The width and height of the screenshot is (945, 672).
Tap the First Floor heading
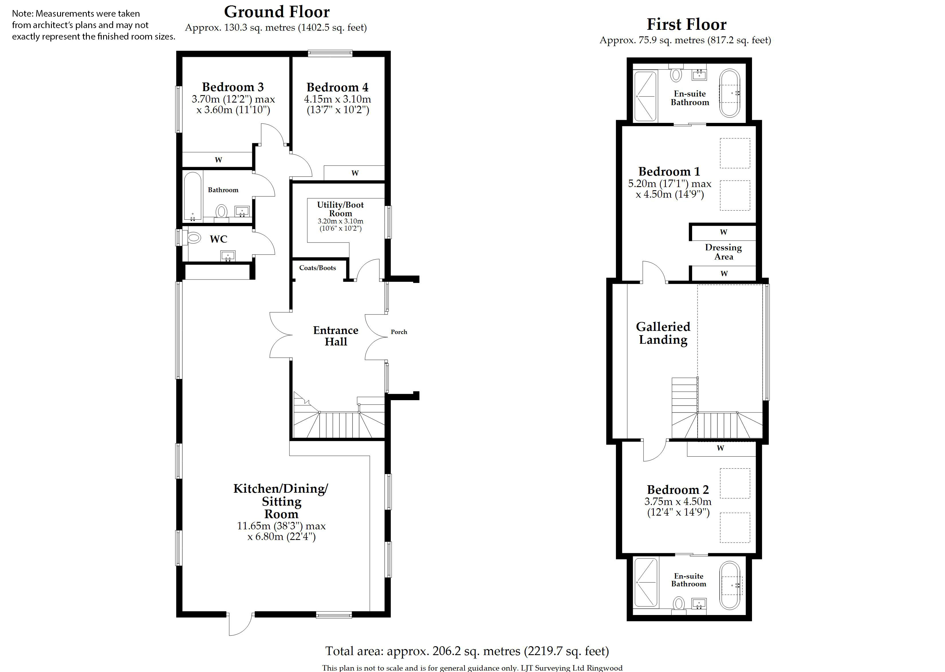pyautogui.click(x=686, y=24)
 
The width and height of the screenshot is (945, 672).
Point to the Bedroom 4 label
pyautogui.click(x=337, y=87)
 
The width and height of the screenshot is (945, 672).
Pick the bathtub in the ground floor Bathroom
pyautogui.click(x=192, y=197)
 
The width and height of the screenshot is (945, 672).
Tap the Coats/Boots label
pyautogui.click(x=318, y=268)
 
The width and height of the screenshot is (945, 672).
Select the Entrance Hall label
pyautogui.click(x=336, y=336)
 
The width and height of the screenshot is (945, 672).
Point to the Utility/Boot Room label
pyautogui.click(x=340, y=209)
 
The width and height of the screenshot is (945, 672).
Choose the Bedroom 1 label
pyautogui.click(x=669, y=171)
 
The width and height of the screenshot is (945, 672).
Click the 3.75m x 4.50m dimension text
pyautogui.click(x=678, y=502)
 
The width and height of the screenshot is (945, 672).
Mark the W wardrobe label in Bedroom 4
pyautogui.click(x=355, y=173)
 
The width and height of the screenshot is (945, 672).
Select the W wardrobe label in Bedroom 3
pyautogui.click(x=218, y=160)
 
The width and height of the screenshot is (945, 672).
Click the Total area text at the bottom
pyautogui.click(x=467, y=651)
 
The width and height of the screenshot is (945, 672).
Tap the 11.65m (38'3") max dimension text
pyautogui.click(x=281, y=526)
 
